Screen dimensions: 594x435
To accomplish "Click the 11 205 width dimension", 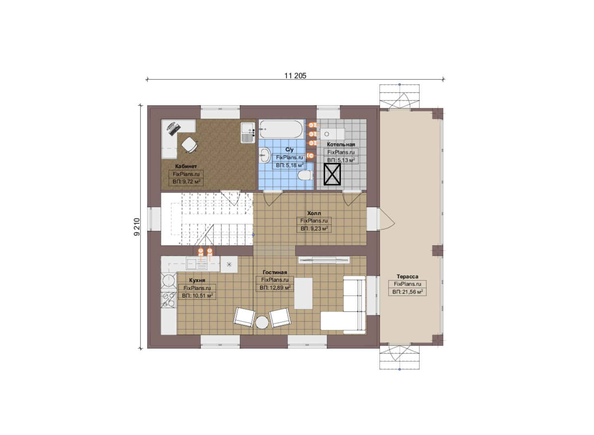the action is coord(295,76).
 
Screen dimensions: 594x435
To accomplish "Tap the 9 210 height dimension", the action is coord(137,227).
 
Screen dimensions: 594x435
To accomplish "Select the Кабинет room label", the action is coord(186,166).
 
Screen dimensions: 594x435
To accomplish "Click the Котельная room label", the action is coord(341,145).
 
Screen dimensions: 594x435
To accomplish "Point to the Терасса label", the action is coord(407,276).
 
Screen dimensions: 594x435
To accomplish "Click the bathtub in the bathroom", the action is coord(281,129).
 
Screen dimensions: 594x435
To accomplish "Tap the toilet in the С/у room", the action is coord(305,176).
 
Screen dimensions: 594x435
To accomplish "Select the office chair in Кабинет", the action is coord(189,145).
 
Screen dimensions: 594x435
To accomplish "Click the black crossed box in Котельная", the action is coord(332,174).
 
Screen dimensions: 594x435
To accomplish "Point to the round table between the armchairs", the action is coord(262,322).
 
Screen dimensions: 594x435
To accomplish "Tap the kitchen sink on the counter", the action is coord(197,264).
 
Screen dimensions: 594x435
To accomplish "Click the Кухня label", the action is coord(197,280).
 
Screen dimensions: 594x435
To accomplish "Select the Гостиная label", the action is coord(275,272).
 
